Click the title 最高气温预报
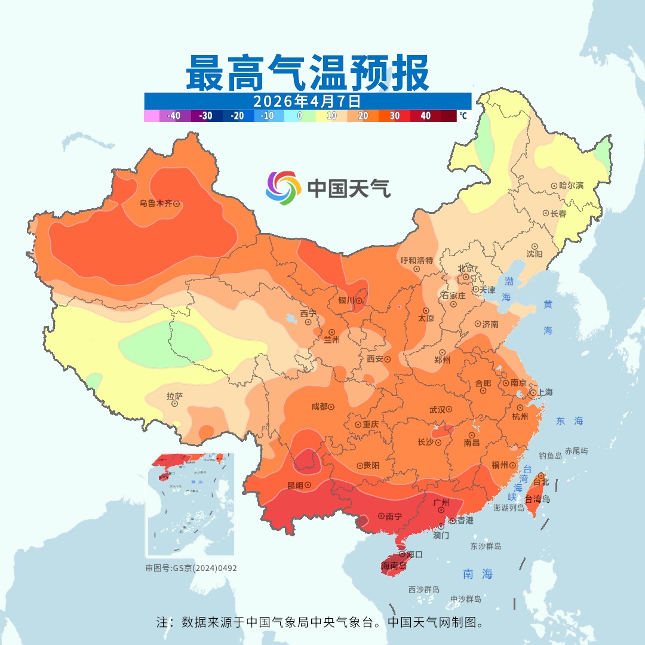308,72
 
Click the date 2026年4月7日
307,101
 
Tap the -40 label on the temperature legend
174,116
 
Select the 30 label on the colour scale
395,116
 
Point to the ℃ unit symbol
463,116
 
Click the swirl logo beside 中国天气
283,188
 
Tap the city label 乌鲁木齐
155,204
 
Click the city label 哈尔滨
572,186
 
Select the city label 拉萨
174,395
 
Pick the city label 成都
319,407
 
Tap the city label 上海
545,392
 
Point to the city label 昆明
295,485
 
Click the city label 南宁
394,515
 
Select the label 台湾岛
537,499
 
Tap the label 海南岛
394,565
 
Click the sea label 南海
478,574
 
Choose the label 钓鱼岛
550,455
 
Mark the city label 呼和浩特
416,260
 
